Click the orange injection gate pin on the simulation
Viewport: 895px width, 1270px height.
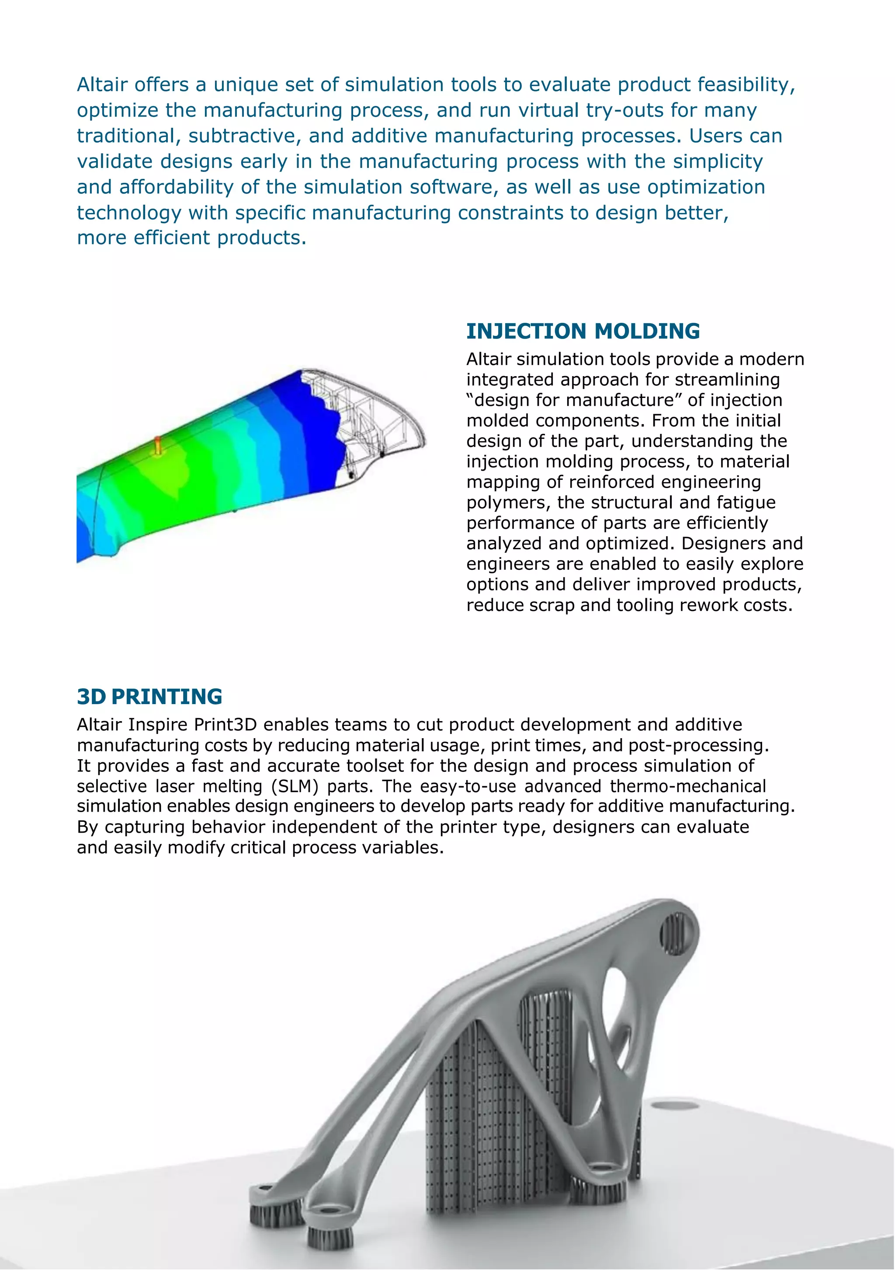point(158,445)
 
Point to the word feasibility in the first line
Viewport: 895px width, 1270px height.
point(746,85)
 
